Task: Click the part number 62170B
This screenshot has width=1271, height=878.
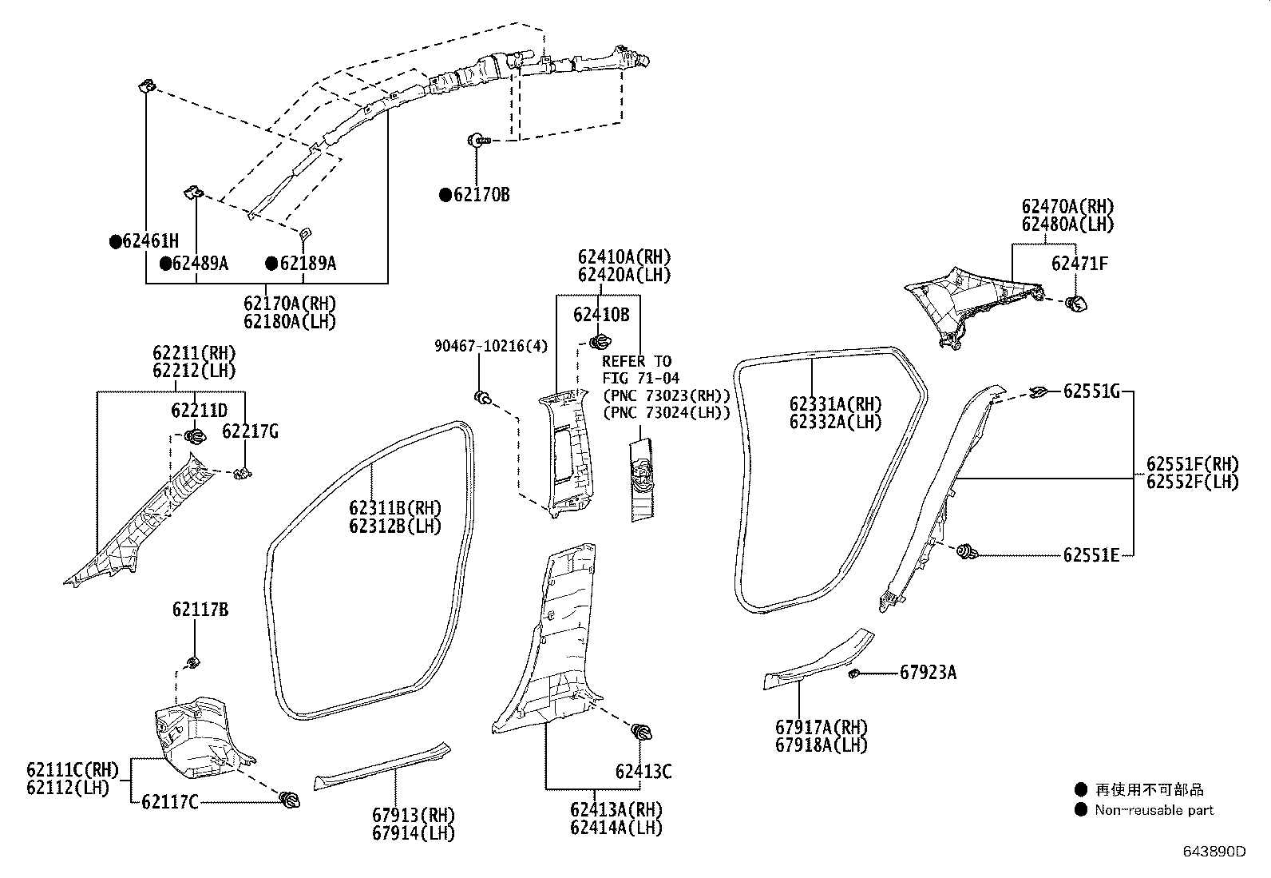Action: [x=481, y=195]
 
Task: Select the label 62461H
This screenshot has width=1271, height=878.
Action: [x=150, y=241]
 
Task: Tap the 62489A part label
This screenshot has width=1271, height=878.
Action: [x=200, y=264]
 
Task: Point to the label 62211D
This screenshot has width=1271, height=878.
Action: [x=199, y=411]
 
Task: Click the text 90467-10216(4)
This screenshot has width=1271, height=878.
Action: [x=491, y=346]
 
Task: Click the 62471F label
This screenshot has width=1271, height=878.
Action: [x=1079, y=264]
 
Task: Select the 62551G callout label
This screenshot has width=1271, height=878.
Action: [x=1091, y=391]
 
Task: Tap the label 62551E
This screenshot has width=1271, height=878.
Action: [x=1091, y=554]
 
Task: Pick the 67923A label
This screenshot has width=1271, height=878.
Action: [x=928, y=673]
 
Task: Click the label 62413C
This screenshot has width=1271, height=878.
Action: [x=643, y=772]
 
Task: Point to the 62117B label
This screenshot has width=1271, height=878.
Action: [x=200, y=610]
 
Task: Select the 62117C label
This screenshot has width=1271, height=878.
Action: [x=169, y=802]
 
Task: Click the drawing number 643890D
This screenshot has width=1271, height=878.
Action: [x=1214, y=852]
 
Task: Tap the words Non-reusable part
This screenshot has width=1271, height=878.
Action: [x=1154, y=810]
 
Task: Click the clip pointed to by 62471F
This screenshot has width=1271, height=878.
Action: [x=1076, y=303]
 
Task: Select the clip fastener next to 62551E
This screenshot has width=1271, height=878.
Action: [x=968, y=551]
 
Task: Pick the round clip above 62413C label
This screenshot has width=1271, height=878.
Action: [x=643, y=731]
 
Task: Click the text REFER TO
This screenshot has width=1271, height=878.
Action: [x=636, y=361]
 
